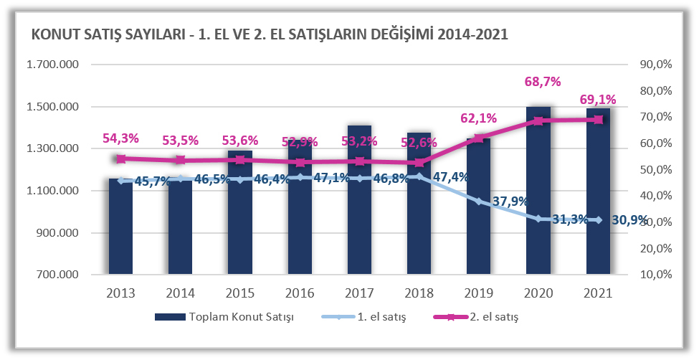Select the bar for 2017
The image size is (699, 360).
pyautogui.click(x=359, y=215)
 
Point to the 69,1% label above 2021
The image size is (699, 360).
pyautogui.click(x=597, y=99)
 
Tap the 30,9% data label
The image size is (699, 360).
pyautogui.click(x=629, y=220)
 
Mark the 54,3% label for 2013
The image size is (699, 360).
pyautogui.click(x=120, y=138)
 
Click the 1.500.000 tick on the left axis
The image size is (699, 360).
pyautogui.click(x=52, y=107)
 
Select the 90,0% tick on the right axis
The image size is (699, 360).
pyautogui.click(x=654, y=65)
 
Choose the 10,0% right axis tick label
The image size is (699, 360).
pyautogui.click(x=654, y=275)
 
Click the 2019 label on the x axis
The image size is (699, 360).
pyautogui.click(x=478, y=293)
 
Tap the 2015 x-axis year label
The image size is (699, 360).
pyautogui.click(x=240, y=293)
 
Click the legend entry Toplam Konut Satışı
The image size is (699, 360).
pyautogui.click(x=222, y=316)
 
